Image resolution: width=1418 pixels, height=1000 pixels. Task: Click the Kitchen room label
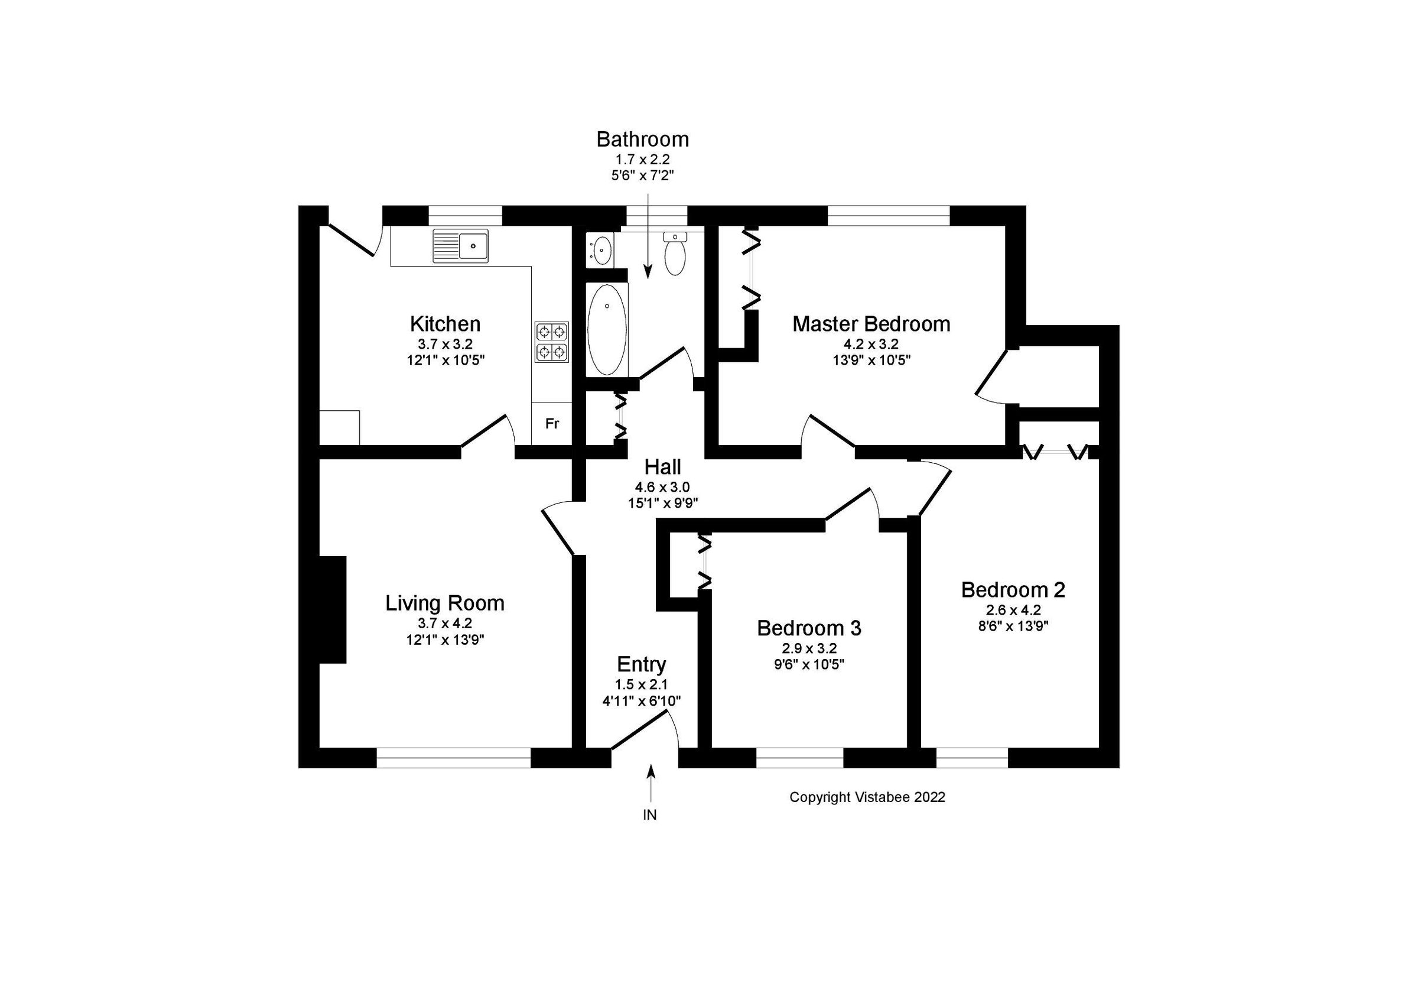[x=445, y=324]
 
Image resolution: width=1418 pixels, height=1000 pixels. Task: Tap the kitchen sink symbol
[x=460, y=246]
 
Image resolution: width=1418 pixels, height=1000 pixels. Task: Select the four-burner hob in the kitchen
[x=551, y=342]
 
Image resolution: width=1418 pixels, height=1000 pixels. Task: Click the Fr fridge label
[x=551, y=424]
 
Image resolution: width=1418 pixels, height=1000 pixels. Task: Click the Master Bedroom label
[x=871, y=324]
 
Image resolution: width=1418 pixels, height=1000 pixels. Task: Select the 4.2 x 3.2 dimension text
[x=871, y=344]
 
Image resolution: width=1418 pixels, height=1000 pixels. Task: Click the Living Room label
[x=445, y=603]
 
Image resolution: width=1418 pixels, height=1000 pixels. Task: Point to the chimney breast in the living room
[x=332, y=610]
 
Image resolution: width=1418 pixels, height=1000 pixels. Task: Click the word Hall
[x=663, y=467]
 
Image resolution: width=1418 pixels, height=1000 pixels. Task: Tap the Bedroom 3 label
[x=809, y=628]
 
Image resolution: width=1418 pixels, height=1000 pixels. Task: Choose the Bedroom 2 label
[x=1013, y=590]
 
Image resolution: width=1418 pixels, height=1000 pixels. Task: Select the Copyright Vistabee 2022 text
[x=867, y=797]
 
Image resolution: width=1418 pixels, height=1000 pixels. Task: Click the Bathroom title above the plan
[x=642, y=139]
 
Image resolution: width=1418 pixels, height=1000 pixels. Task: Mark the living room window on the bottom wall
[x=453, y=758]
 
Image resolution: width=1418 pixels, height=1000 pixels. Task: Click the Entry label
[x=641, y=665]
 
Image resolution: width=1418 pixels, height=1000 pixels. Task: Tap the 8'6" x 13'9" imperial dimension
[x=1013, y=626]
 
